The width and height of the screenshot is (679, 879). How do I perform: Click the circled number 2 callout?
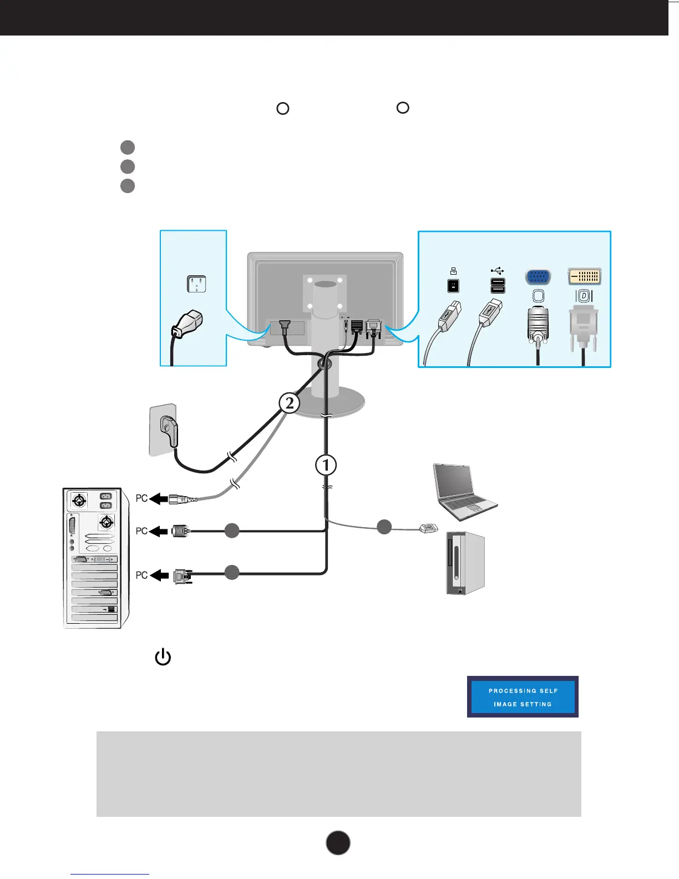point(289,403)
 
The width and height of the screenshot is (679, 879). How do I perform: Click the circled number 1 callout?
point(326,465)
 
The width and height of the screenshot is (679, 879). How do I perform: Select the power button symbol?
point(163,658)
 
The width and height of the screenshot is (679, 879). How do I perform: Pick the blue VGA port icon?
point(537,277)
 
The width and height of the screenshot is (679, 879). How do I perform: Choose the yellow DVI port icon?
point(584,276)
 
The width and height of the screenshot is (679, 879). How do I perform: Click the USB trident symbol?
point(498,271)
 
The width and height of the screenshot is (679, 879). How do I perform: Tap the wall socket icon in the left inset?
point(196,285)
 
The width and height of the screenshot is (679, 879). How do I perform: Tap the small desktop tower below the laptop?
point(466,563)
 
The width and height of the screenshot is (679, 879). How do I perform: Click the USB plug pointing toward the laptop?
point(429,528)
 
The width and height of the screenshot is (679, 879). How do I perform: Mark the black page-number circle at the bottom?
point(338,842)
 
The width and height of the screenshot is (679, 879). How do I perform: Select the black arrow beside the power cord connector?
point(159,500)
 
